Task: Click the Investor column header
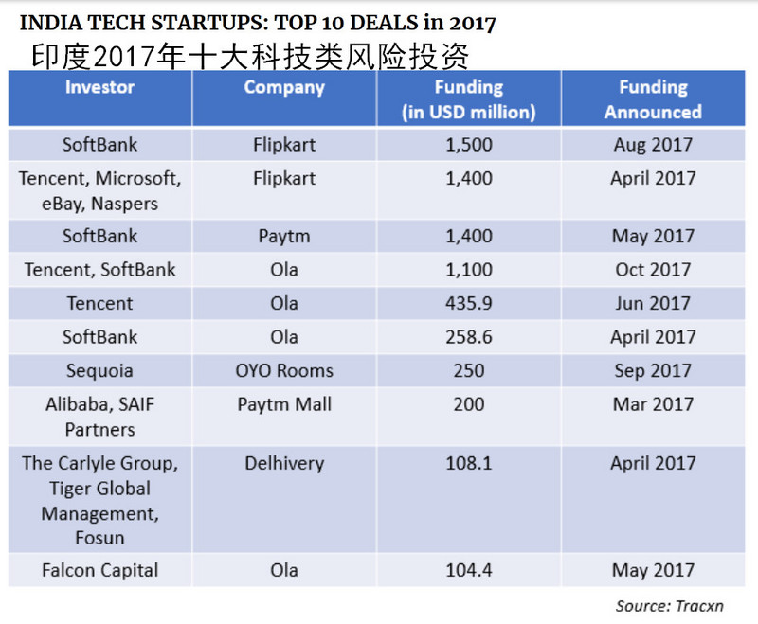point(99,88)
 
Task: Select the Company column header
point(284,88)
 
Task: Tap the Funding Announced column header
point(653,99)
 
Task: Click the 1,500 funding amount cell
point(468,145)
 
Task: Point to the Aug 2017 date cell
point(653,145)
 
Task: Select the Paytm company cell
point(284,236)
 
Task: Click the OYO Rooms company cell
point(284,370)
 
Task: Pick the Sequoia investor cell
point(99,370)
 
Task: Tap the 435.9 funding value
point(468,303)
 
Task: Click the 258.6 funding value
point(468,337)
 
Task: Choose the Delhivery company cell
point(284,463)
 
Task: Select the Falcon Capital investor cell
point(99,570)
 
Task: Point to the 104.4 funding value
point(468,570)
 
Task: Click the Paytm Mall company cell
point(284,404)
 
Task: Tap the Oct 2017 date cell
point(653,270)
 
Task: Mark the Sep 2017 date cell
point(653,370)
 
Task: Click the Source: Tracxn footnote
point(669,606)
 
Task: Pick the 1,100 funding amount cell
point(468,270)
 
